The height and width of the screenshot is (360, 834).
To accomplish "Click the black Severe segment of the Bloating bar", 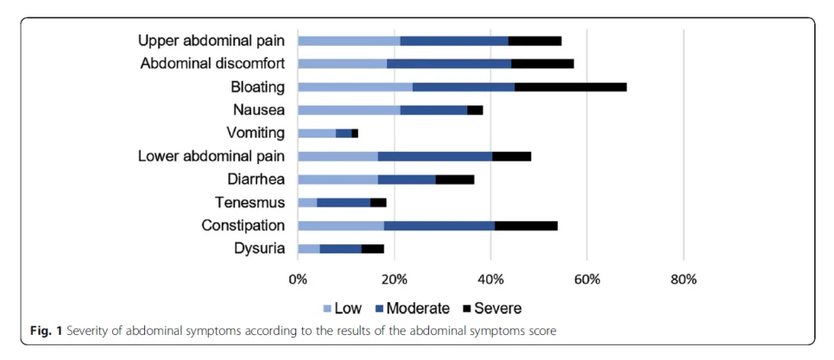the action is point(570,87).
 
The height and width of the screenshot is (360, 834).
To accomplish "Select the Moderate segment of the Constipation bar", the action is point(439,225).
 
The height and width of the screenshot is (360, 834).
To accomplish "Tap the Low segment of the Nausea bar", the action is point(349,111).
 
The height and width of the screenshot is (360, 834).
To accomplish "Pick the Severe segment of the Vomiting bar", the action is point(355,134).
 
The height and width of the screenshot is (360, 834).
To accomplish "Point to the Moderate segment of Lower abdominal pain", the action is point(435,156).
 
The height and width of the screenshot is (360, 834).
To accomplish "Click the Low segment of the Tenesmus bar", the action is point(307,203).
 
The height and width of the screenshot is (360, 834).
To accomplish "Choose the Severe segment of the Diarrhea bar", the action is point(455,180).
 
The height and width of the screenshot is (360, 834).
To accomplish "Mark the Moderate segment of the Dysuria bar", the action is point(340,249).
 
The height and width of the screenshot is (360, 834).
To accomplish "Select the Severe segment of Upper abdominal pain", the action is point(534,41).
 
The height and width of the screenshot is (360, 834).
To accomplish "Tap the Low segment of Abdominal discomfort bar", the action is point(343,64).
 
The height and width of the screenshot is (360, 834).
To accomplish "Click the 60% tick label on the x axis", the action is point(587,280).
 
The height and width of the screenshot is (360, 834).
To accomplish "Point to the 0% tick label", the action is point(298,280).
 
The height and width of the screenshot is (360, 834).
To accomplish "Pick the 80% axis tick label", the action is point(684,280).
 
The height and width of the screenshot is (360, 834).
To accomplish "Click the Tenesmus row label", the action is point(250,203).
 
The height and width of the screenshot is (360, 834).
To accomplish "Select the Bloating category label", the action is point(258,87).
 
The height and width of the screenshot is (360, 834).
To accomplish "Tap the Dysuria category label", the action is point(260,249).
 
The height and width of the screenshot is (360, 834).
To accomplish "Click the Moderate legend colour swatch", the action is point(378,308).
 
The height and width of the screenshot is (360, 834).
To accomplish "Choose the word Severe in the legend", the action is point(498,308).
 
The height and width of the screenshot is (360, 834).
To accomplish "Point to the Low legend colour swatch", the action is point(328,308).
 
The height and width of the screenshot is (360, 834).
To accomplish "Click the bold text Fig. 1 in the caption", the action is point(45,332).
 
